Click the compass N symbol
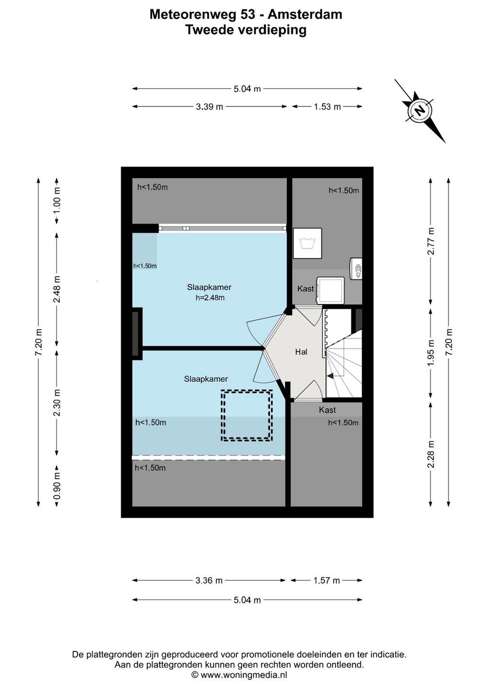tap(420, 110)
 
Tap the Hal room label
tap(301, 352)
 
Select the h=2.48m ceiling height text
tap(210, 298)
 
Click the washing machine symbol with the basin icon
tap(308, 243)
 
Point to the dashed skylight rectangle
tap(246, 416)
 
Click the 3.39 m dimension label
tap(210, 107)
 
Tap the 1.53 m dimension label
tap(327, 107)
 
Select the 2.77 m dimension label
tap(431, 241)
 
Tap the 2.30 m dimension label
tap(57, 402)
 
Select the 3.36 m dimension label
tap(209, 580)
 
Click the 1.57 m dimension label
tap(327, 580)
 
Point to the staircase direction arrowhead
tap(330, 376)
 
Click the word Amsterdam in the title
tap(305, 14)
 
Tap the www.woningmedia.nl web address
tap(243, 675)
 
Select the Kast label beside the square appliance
tap(305, 289)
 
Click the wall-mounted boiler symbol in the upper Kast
tap(356, 268)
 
